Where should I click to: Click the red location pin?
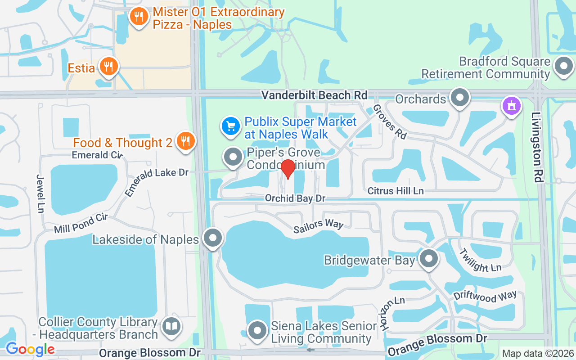[x=288, y=169]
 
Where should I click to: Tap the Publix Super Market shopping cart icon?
[x=231, y=126]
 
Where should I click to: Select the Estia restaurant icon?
[x=108, y=67]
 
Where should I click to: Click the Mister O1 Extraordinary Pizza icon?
[x=139, y=17]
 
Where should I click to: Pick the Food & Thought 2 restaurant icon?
[x=184, y=141]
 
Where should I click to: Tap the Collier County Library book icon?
[x=171, y=326]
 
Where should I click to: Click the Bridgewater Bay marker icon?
[x=428, y=259]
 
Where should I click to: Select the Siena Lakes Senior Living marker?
[x=258, y=330]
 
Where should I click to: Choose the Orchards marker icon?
[x=459, y=97]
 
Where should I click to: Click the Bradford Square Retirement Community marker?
[x=563, y=66]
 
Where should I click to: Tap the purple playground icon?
[x=512, y=107]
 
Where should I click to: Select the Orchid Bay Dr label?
[x=295, y=198]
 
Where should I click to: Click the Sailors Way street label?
[x=318, y=226]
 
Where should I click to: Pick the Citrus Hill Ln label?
[x=396, y=191]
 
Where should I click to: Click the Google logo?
[x=30, y=349]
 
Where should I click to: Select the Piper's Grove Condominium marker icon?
[x=233, y=157]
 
